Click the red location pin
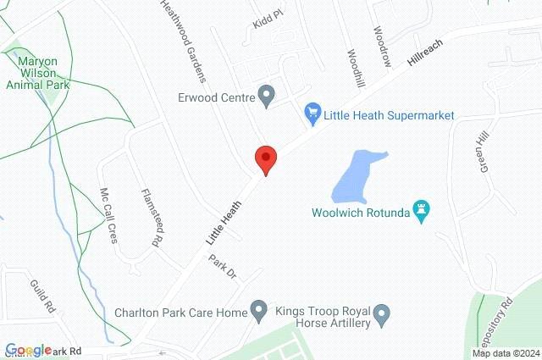(x=266, y=158)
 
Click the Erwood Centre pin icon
(x=266, y=96)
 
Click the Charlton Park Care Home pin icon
(x=259, y=313)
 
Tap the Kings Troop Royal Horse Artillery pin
(x=382, y=315)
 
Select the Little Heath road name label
(x=224, y=222)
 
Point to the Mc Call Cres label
(x=108, y=214)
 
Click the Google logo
(x=29, y=350)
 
